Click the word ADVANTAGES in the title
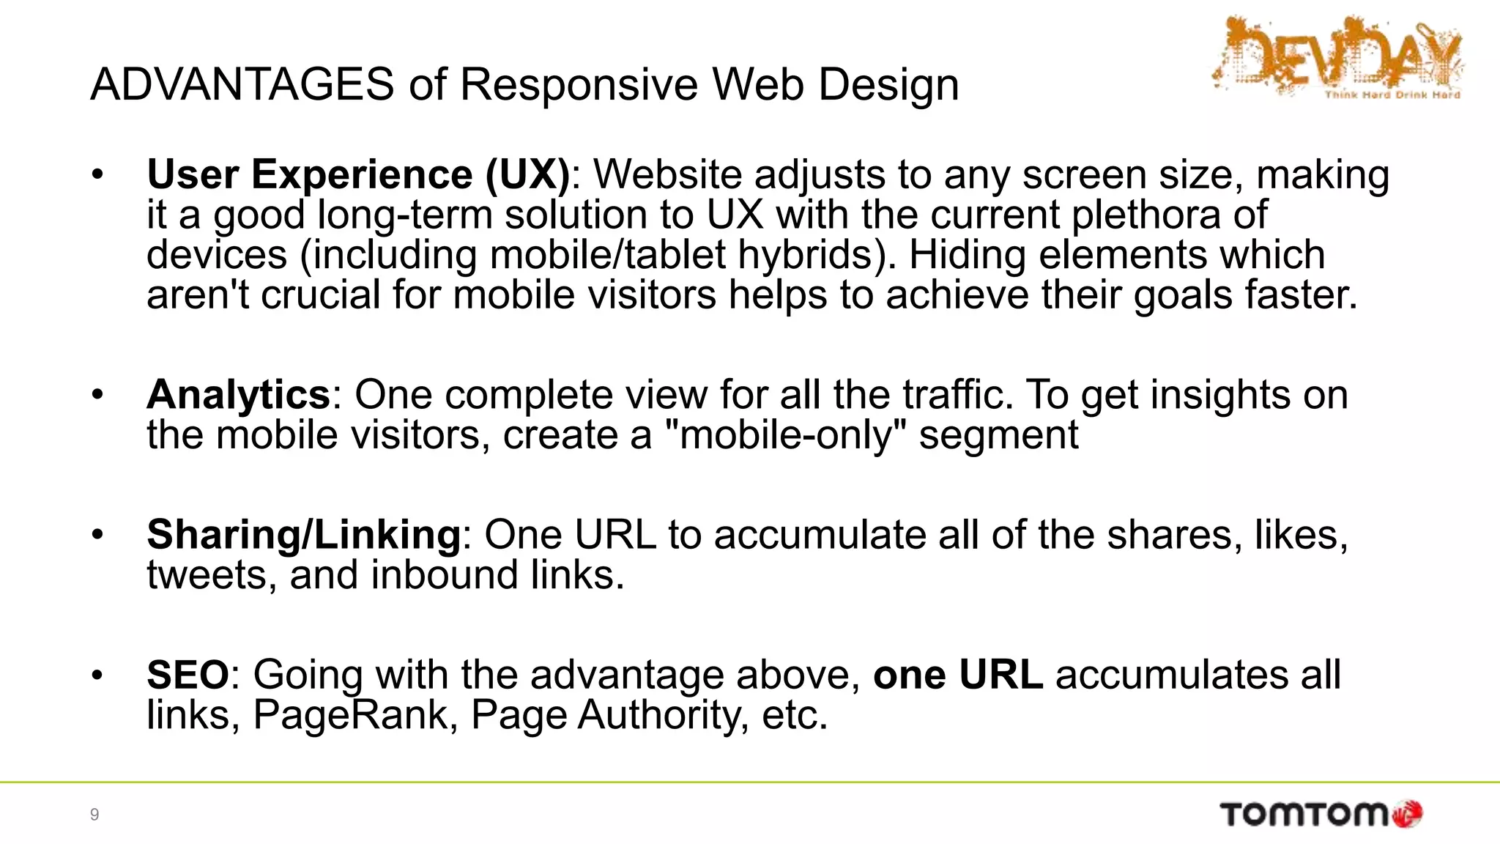click(242, 84)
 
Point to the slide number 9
click(94, 815)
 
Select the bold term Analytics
click(239, 395)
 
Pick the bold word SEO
click(187, 675)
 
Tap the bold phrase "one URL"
click(958, 675)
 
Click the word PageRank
click(350, 715)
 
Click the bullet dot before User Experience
click(97, 175)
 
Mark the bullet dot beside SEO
click(97, 675)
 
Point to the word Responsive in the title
click(579, 84)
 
